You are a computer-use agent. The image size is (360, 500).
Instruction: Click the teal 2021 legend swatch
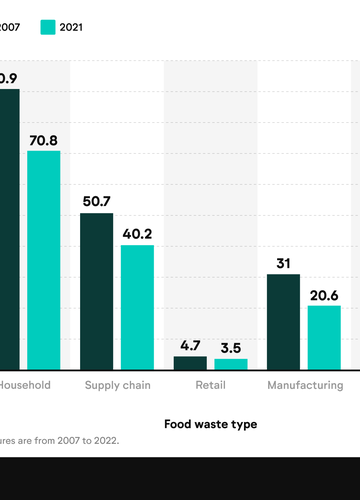[48, 27]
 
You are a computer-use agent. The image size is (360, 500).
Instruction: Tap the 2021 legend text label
[71, 27]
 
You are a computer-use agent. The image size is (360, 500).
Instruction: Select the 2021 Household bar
[44, 260]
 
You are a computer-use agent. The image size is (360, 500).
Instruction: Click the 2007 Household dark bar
[9, 230]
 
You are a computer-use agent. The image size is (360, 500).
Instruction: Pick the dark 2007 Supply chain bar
[97, 291]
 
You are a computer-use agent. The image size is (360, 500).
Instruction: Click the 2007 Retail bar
[190, 363]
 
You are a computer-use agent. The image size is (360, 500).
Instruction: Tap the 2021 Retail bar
[231, 364]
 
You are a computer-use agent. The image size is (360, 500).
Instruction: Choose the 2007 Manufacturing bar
[283, 321]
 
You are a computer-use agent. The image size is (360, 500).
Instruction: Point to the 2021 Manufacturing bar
[324, 337]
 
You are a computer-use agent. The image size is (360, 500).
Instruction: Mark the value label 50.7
[97, 201]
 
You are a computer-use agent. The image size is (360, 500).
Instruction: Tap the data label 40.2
[137, 233]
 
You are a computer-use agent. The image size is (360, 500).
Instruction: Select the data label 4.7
[190, 345]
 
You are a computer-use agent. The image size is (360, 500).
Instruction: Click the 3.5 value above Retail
[231, 348]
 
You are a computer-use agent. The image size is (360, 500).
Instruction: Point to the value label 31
[283, 263]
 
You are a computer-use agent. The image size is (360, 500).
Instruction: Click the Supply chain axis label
[117, 385]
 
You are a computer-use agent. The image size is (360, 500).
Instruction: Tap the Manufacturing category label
[304, 385]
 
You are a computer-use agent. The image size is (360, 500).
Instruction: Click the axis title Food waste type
[210, 424]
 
